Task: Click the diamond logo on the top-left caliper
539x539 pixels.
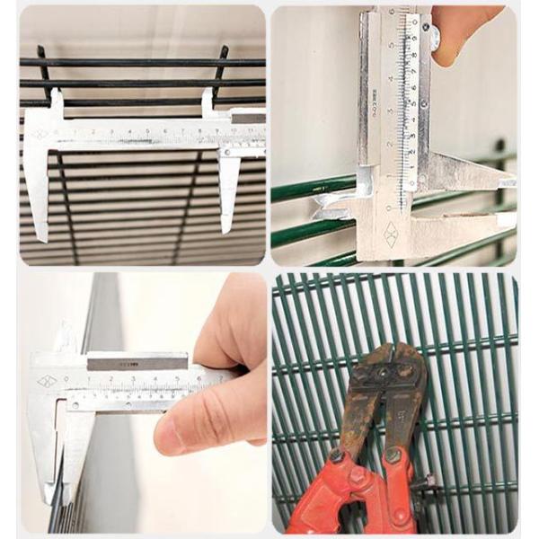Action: pyautogui.click(x=40, y=135)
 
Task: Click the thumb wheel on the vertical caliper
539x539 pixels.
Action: pyautogui.click(x=435, y=37)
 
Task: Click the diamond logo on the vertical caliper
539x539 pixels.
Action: pyautogui.click(x=391, y=234)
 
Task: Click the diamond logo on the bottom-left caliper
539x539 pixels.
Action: pyautogui.click(x=46, y=382)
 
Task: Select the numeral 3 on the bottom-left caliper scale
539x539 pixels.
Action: pyautogui.click(x=134, y=378)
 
